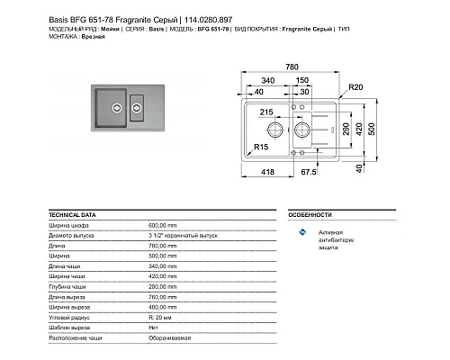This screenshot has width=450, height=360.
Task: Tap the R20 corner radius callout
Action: click(x=356, y=88)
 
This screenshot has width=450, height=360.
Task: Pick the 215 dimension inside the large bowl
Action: click(x=266, y=113)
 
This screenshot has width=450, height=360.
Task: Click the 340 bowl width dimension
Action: click(x=266, y=79)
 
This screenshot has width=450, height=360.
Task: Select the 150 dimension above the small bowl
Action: click(x=303, y=79)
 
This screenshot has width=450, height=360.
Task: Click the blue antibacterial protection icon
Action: click(x=302, y=234)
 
